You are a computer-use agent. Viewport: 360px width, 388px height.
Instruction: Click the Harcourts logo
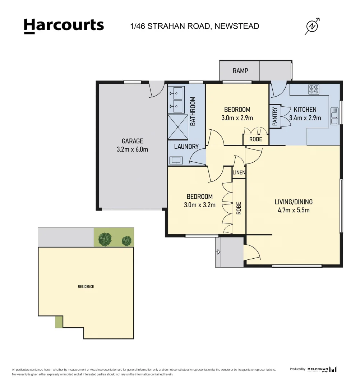click(x=64, y=26)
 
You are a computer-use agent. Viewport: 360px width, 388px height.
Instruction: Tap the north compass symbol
click(x=312, y=26)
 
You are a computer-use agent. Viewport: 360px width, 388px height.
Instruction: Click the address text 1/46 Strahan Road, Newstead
click(x=194, y=26)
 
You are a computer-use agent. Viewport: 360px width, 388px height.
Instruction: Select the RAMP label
click(x=240, y=71)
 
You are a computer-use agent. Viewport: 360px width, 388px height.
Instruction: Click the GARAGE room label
click(x=132, y=141)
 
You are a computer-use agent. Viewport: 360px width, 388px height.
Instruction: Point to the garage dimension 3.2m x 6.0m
click(x=132, y=149)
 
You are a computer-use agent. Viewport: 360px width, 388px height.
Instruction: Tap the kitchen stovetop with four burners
click(x=314, y=89)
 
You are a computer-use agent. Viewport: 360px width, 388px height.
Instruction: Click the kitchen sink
click(x=334, y=116)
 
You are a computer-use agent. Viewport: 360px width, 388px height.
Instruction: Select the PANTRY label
click(x=274, y=116)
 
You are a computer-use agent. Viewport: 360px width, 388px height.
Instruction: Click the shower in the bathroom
click(x=178, y=127)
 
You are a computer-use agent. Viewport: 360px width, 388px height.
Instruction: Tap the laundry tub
click(x=176, y=161)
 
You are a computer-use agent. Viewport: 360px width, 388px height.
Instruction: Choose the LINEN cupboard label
click(x=239, y=172)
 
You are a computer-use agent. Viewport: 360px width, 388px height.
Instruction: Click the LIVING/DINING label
click(x=294, y=202)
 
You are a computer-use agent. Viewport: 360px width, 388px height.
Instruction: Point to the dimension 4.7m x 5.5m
click(x=294, y=210)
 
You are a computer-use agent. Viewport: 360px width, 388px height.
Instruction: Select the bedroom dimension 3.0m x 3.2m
click(x=200, y=205)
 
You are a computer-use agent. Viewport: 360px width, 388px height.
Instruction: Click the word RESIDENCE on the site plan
click(x=86, y=287)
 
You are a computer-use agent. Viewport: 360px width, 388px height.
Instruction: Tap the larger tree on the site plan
click(x=105, y=239)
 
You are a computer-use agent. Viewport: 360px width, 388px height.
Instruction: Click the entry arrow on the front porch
click(x=218, y=252)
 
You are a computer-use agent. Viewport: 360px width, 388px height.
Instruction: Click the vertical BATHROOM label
click(x=193, y=111)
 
